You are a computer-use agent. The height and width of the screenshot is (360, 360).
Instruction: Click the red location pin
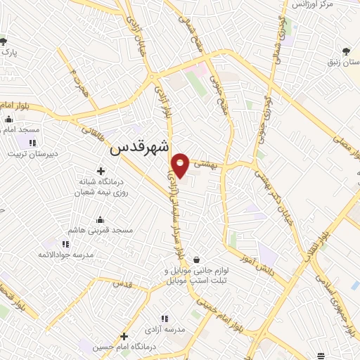180,165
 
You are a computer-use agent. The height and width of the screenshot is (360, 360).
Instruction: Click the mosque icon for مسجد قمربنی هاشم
99,219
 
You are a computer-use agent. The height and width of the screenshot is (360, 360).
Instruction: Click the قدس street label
122,283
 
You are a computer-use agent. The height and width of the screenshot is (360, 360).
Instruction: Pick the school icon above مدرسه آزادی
165,319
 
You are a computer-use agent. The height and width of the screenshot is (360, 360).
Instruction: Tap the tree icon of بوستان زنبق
346,51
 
